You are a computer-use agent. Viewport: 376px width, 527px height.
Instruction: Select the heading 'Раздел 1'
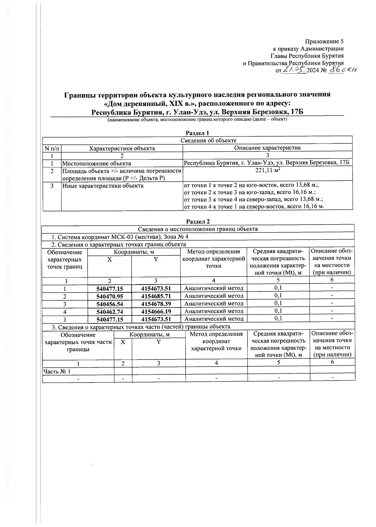[197, 133]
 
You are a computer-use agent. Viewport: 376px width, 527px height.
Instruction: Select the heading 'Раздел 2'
[198, 221]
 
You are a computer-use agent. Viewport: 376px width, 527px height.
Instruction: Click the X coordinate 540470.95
[110, 296]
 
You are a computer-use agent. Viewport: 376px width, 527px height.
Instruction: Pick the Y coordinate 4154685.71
[156, 296]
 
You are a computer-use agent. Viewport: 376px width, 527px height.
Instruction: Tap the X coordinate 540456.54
[110, 304]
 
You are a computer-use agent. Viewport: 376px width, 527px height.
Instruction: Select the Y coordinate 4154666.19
[156, 311]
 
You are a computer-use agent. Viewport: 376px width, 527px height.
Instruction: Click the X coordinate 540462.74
[110, 311]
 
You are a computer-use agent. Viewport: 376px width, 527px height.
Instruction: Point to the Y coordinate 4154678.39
[156, 304]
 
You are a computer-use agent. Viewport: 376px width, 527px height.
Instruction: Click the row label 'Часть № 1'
[57, 371]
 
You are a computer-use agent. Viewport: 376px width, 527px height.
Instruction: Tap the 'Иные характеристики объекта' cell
[103, 186]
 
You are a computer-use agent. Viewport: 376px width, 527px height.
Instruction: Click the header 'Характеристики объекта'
[122, 148]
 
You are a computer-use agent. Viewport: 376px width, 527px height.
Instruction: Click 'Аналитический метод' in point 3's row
[214, 303]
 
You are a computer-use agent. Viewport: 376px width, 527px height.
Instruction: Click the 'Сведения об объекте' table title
[208, 140]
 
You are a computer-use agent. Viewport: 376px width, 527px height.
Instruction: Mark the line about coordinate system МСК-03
[120, 237]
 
